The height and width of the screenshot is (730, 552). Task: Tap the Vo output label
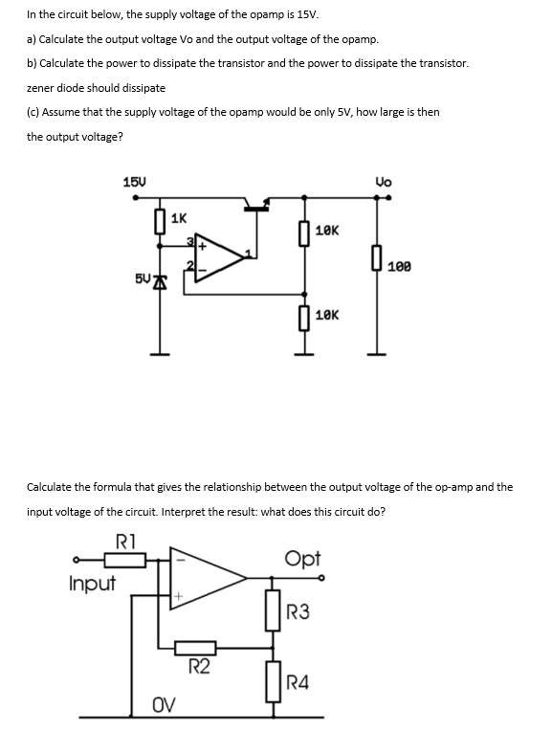385,183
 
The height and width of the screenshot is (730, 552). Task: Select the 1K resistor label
179,219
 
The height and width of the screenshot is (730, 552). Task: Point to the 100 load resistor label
400,265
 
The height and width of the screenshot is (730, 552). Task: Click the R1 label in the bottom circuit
125,539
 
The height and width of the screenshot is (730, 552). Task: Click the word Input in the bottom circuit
92,583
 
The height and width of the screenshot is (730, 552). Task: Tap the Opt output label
302,558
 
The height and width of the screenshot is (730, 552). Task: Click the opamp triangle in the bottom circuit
203,577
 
